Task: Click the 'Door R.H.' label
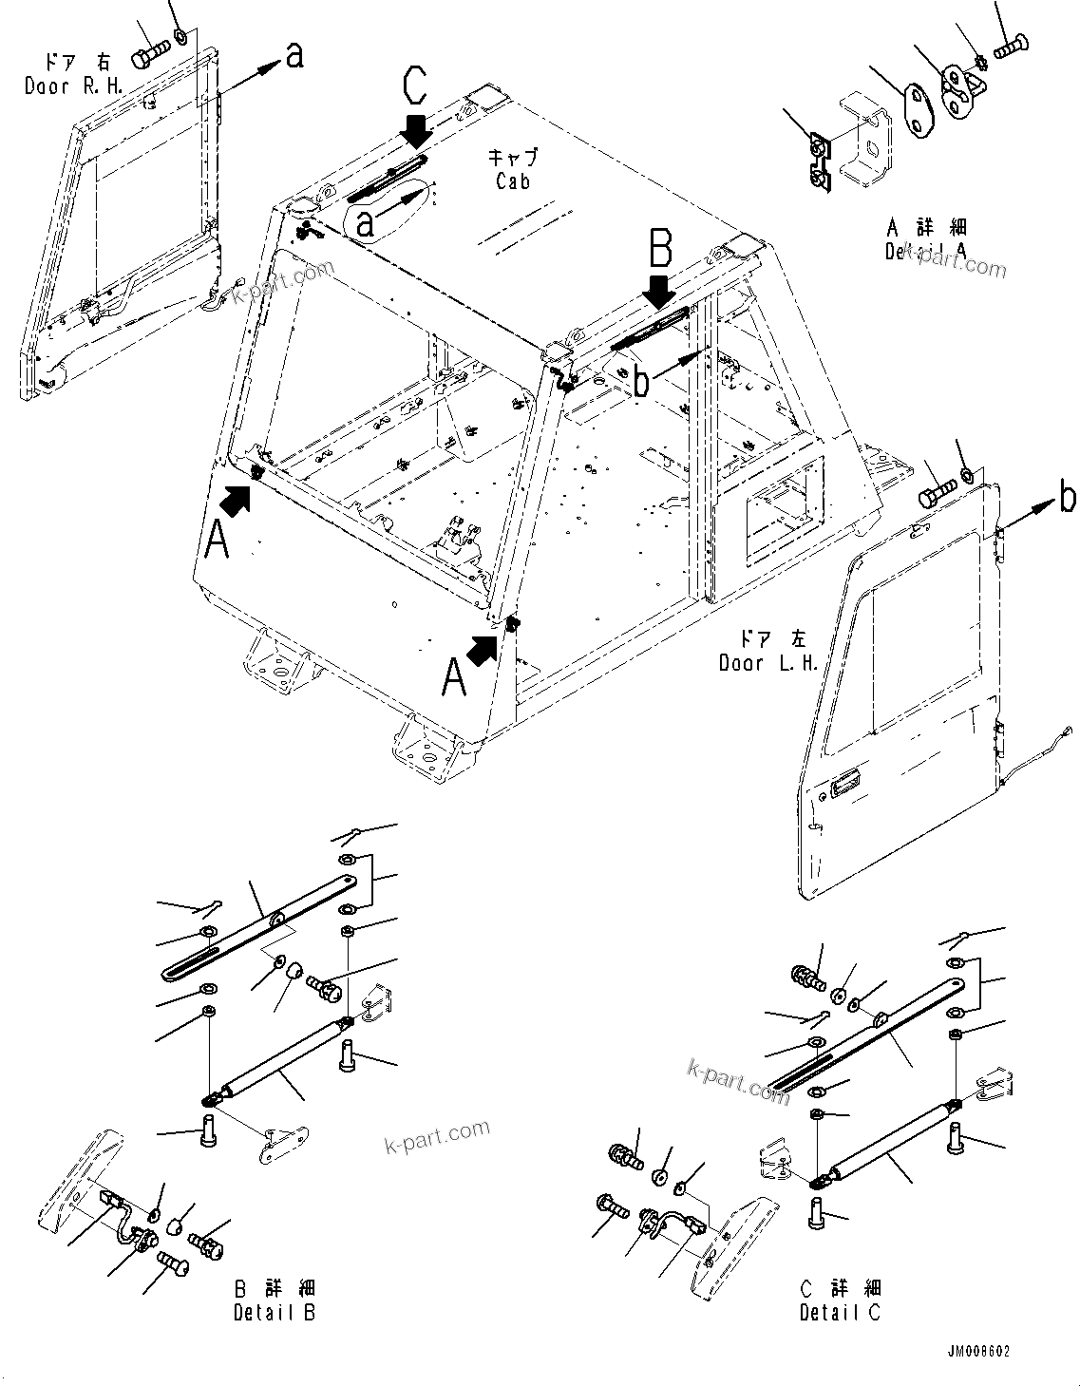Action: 60,86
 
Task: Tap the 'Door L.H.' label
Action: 768,663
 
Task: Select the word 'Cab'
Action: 513,180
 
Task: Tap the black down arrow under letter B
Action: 662,291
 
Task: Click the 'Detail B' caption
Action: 275,1312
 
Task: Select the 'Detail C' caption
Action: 840,1312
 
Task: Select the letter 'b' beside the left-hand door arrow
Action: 1068,497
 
